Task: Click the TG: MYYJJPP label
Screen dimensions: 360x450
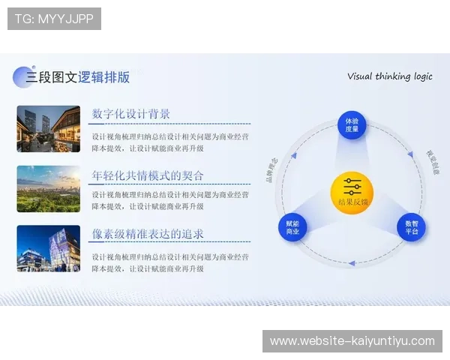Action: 54,19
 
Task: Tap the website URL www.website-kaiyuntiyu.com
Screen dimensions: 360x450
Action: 352,341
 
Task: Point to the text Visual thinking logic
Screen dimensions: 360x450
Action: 389,76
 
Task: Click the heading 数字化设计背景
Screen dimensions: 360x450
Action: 131,114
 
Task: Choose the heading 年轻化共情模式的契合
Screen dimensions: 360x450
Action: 148,175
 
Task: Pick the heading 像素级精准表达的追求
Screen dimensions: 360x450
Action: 148,234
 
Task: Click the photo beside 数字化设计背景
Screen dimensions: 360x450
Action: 49,129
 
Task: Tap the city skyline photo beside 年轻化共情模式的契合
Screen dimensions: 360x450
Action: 49,188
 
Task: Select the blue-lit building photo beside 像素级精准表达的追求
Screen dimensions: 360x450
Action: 49,247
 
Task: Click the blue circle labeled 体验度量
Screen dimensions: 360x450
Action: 352,124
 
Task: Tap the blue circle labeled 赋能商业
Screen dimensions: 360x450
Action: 292,227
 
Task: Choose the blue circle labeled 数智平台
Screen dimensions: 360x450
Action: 412,227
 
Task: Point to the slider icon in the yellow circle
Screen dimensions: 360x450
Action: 352,185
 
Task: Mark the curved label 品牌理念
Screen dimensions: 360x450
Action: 269,170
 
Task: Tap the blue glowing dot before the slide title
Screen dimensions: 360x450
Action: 22,76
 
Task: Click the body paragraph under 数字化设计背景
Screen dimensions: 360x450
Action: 170,142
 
